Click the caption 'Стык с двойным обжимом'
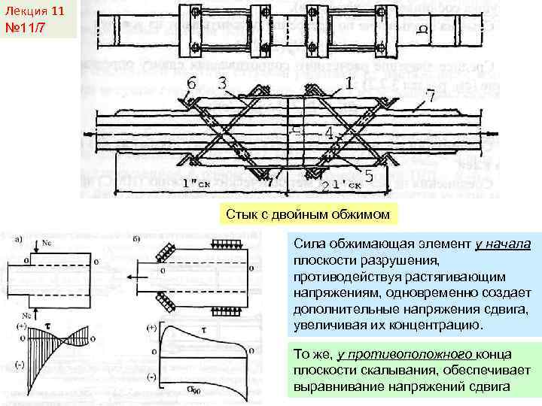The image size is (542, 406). (308, 214)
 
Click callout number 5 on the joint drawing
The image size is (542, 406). (368, 176)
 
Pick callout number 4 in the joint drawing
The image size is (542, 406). (329, 133)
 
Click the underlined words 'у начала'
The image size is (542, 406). (503, 244)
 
